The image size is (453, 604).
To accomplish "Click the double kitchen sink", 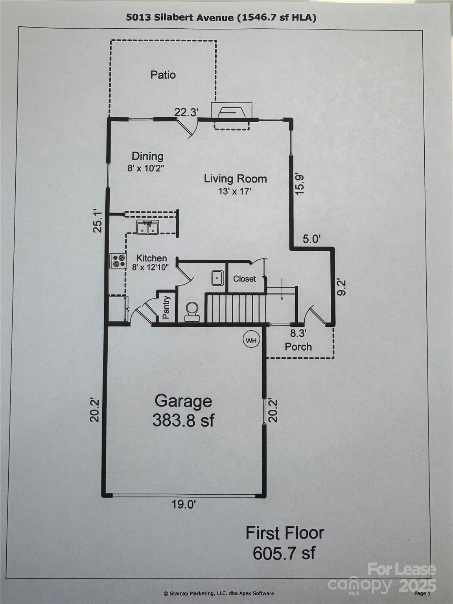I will pyautogui.click(x=146, y=227).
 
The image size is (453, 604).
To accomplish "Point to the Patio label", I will pyautogui.click(x=163, y=75).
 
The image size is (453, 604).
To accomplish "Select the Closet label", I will pyautogui.click(x=244, y=279).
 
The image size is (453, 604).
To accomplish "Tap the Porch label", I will pyautogui.click(x=298, y=347).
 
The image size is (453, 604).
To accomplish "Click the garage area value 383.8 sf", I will pyautogui.click(x=183, y=420).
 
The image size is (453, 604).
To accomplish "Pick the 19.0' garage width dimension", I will pyautogui.click(x=184, y=505).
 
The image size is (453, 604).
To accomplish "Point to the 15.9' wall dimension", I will pyautogui.click(x=300, y=184).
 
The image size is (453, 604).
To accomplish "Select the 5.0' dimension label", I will pyautogui.click(x=312, y=239).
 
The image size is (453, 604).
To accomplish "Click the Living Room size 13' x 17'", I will pyautogui.click(x=235, y=192).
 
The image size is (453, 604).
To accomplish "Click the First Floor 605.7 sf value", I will pyautogui.click(x=284, y=553).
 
